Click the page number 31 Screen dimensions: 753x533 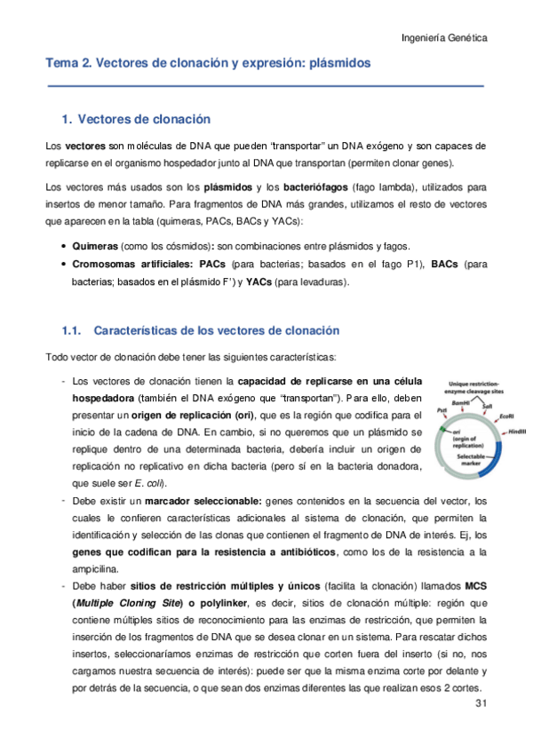point(480,705)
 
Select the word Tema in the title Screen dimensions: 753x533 point(62,64)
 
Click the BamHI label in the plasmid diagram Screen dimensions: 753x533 point(461,402)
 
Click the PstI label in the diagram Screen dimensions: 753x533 point(442,411)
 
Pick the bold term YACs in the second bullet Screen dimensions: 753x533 point(259,282)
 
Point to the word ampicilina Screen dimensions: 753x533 point(99,568)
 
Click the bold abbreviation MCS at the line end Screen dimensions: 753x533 point(476,585)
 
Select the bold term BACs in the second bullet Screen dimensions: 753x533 point(445,265)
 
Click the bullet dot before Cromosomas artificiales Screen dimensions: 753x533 point(61,265)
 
